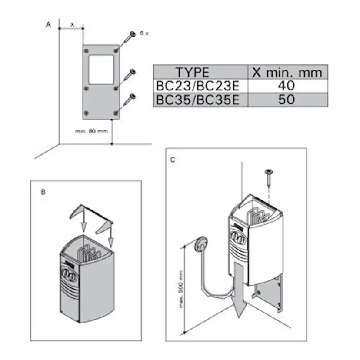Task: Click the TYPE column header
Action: pos(192,72)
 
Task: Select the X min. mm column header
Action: pos(287,72)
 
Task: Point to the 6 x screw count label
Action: pos(144,33)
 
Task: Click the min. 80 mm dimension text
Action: pos(91,131)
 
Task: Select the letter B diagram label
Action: pos(43,191)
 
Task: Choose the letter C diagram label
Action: pos(173,160)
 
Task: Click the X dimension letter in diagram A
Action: pos(73,25)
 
